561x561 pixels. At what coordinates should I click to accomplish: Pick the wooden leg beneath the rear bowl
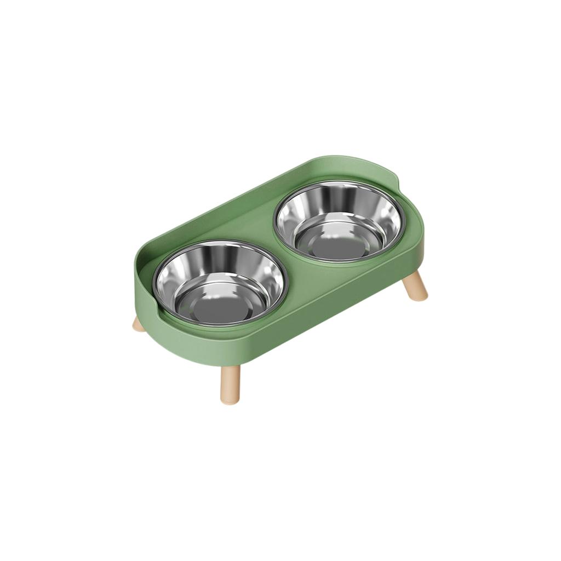click(415, 287)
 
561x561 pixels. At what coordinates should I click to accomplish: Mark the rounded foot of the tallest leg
click(230, 399)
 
